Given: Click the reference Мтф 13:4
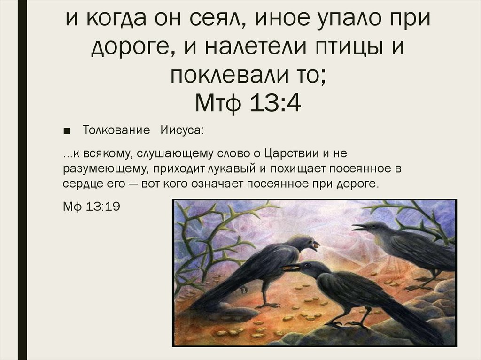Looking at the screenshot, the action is (248, 103).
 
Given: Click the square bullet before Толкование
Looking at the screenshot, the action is (66, 131).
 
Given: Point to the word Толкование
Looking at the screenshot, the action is (116, 130).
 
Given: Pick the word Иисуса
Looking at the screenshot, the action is (182, 130).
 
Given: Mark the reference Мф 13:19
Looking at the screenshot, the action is (92, 207).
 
